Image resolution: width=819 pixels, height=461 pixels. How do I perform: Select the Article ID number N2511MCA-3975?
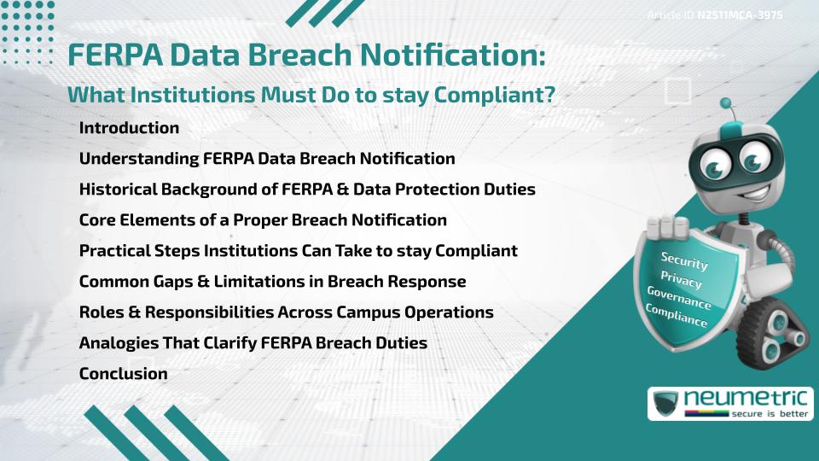pos(740,15)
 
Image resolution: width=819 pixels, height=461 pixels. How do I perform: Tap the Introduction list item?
pos(129,128)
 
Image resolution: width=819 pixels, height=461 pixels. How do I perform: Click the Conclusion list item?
pos(123,373)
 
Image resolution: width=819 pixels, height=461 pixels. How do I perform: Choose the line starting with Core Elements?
pos(263,220)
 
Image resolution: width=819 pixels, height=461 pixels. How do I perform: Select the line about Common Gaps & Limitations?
pos(272,282)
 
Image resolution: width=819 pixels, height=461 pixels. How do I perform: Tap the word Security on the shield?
pos(684,260)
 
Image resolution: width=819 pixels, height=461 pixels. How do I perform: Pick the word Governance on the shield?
pos(679,298)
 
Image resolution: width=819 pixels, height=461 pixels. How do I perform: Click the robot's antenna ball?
pos(727,104)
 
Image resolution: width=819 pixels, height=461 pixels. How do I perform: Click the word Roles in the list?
pos(100,312)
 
